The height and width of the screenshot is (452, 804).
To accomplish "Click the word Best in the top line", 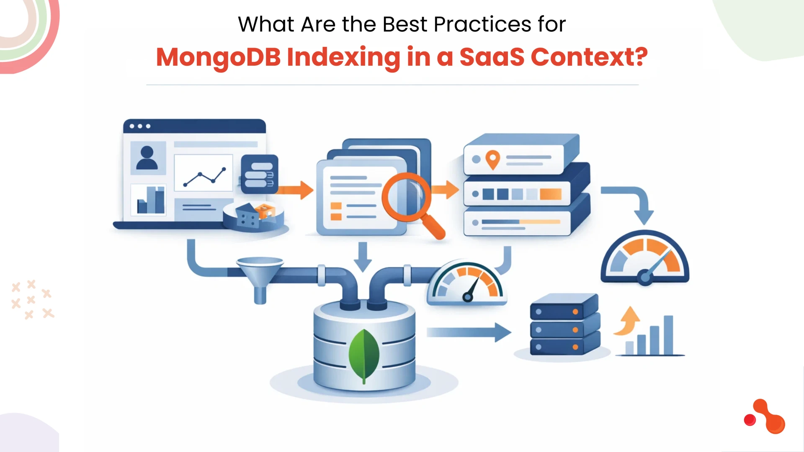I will (x=405, y=24).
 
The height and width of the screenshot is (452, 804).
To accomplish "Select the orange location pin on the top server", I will (x=493, y=159).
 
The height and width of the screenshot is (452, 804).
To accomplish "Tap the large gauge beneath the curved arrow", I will (x=645, y=259).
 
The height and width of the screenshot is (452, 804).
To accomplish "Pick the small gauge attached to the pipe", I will (x=467, y=282).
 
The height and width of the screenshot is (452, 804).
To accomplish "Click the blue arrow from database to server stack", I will (x=469, y=332).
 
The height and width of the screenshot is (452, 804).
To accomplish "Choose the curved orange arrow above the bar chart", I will (x=626, y=321).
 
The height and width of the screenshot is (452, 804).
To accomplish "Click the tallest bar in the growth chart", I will (x=668, y=335).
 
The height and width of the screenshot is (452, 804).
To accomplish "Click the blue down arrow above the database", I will (x=363, y=256).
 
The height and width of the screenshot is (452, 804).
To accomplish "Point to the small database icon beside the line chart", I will (x=260, y=174).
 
